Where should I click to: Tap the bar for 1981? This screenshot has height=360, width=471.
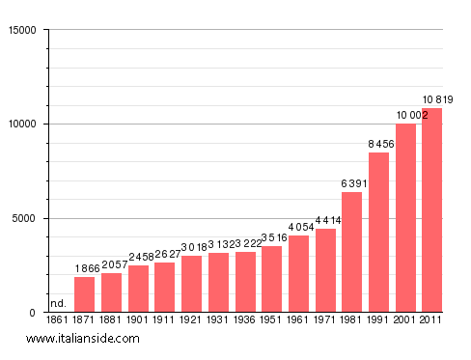click(351, 252)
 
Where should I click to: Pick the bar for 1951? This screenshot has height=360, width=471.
click(272, 279)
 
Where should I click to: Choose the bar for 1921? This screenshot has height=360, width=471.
click(192, 284)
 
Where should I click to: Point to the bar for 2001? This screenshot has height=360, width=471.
click(405, 218)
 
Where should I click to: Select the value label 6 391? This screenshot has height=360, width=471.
click(352, 183)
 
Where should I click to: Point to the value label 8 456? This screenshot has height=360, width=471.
click(378, 145)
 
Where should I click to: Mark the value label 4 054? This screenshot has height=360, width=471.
click(298, 228)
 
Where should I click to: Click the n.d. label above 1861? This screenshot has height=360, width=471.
click(58, 303)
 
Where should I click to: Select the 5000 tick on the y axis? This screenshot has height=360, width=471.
click(21, 218)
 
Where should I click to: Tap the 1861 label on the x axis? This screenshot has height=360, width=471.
click(58, 319)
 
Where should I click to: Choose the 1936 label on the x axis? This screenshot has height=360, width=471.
click(245, 319)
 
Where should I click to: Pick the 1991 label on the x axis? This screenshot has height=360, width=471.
click(378, 319)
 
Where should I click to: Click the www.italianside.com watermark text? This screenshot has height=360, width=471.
click(83, 339)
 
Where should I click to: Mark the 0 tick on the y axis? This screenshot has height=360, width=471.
click(32, 313)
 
